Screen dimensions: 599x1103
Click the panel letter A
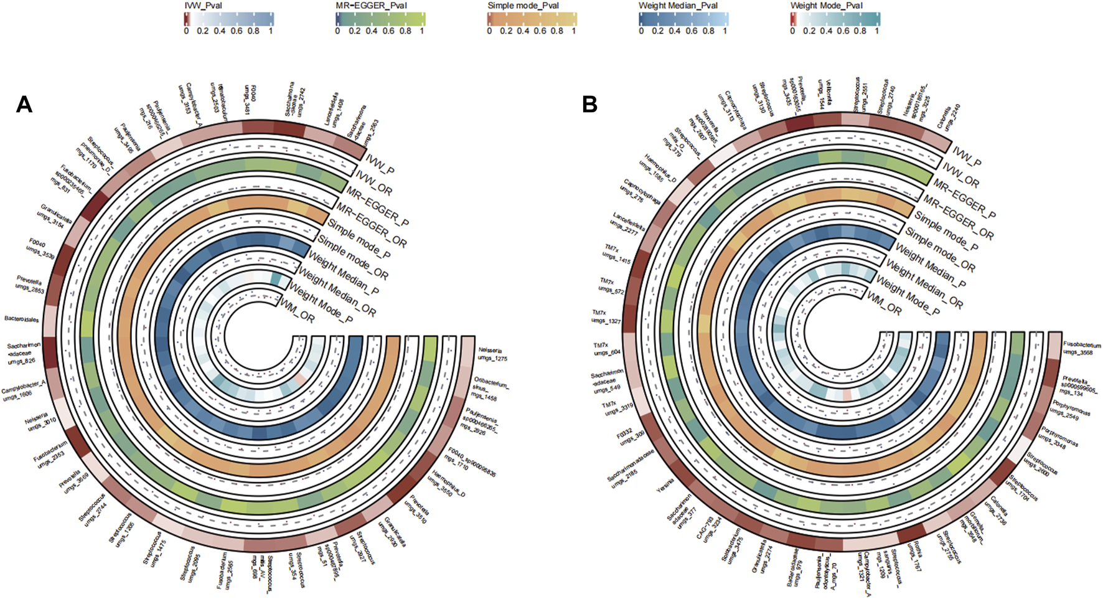24,105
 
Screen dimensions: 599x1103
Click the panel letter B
589,105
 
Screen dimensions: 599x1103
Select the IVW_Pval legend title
203,6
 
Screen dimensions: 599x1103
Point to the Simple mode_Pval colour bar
532,19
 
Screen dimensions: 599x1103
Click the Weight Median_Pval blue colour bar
683,19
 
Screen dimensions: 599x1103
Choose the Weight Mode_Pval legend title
826,6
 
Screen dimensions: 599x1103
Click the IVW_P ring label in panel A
380,164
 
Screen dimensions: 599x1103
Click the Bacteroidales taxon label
22,319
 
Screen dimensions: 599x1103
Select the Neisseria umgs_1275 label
492,354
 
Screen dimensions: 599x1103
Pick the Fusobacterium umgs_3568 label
1081,348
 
